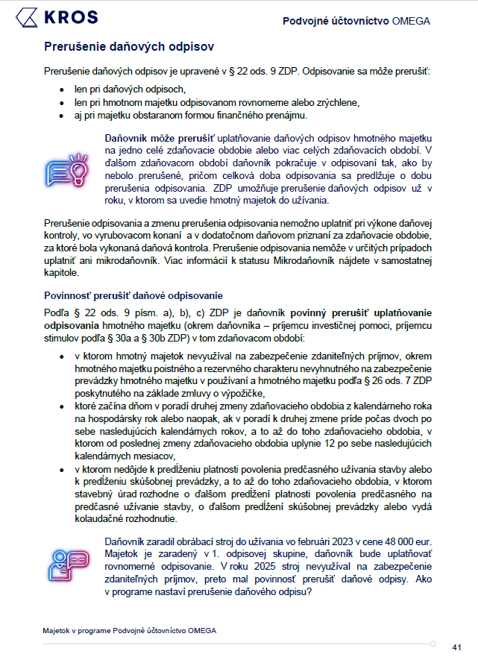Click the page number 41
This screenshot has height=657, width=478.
point(457,647)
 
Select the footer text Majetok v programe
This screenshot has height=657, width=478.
point(78,630)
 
